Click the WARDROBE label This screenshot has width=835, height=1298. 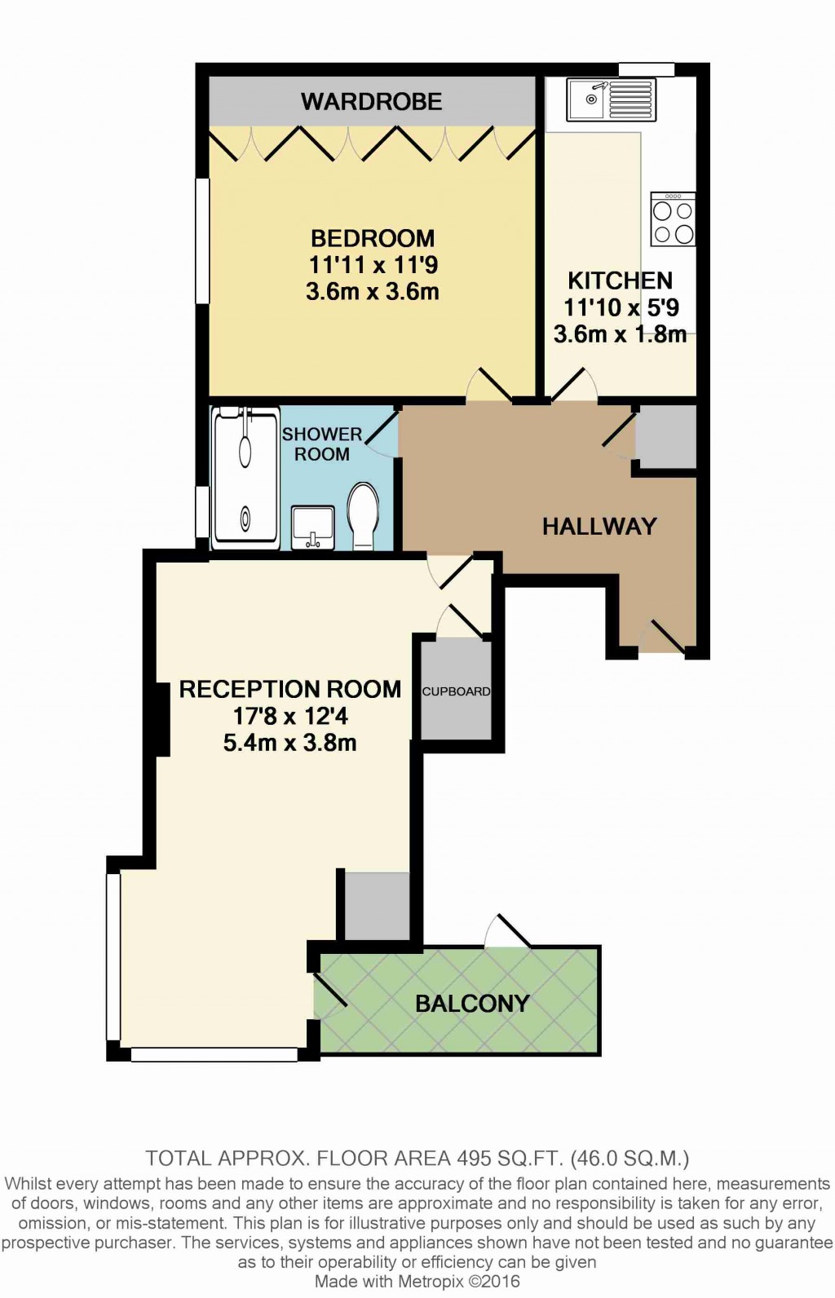click(372, 102)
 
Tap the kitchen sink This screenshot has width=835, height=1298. click(612, 99)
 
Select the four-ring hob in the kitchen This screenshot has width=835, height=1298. click(674, 219)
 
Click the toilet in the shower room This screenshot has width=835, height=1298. click(364, 516)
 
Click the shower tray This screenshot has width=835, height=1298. click(245, 479)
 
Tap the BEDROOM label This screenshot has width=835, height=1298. click(373, 238)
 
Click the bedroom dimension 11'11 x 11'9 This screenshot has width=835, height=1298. click(373, 266)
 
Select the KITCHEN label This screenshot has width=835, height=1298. click(620, 280)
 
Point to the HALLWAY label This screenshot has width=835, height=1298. click(599, 526)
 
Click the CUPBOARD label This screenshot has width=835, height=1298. click(456, 691)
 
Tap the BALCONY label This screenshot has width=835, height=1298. click(472, 1003)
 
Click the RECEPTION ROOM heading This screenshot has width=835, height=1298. click(289, 690)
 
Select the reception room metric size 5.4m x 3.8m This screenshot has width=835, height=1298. click(289, 743)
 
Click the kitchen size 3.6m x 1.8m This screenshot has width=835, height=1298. click(620, 334)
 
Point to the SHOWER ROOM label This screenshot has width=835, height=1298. click(321, 444)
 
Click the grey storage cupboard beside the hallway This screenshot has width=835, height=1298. click(665, 435)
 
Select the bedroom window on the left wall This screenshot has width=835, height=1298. click(201, 240)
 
